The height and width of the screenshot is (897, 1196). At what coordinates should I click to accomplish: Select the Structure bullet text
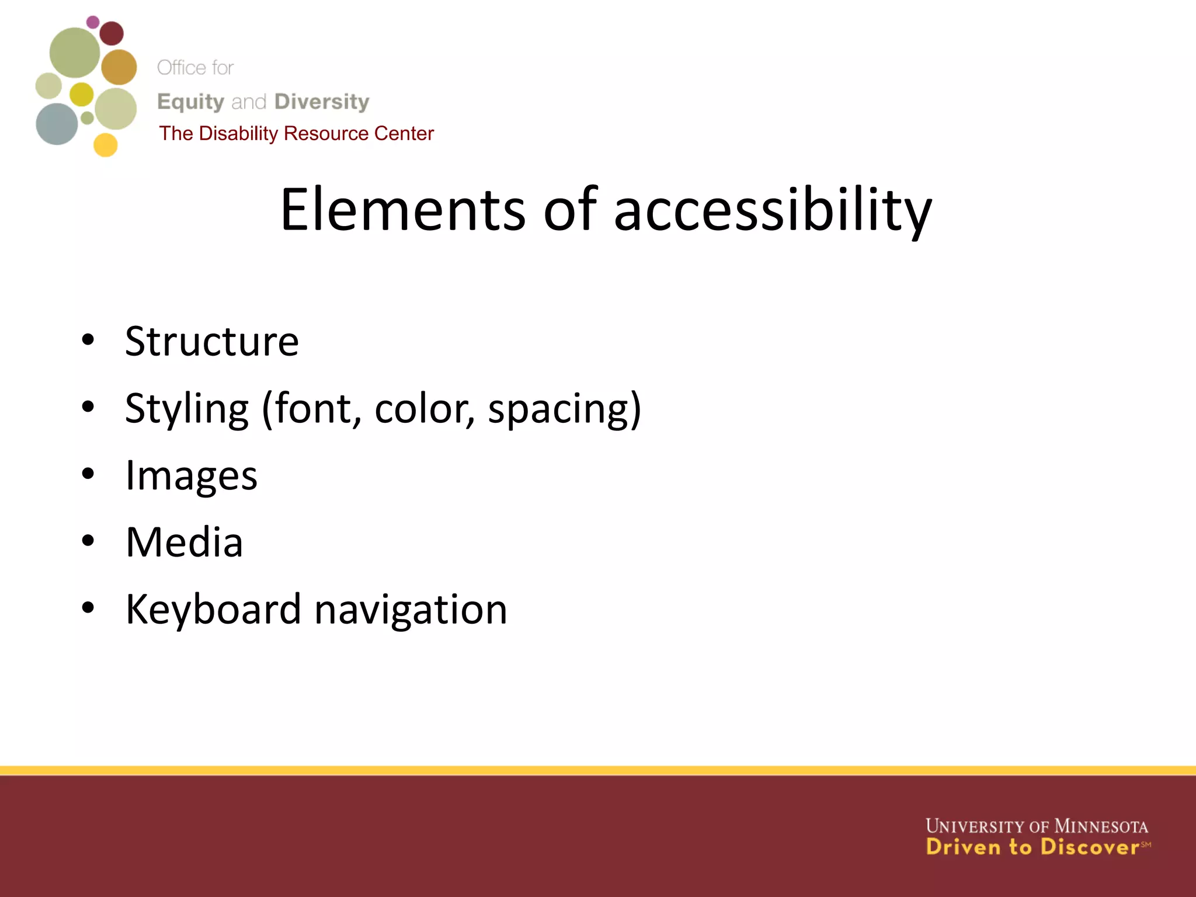tap(212, 342)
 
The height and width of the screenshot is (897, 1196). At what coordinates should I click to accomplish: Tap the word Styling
tap(187, 409)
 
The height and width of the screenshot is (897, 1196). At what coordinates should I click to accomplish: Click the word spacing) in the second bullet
tap(564, 409)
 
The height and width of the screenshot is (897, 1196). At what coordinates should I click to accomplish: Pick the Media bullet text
tap(185, 543)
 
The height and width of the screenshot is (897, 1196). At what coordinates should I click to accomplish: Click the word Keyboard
tap(213, 610)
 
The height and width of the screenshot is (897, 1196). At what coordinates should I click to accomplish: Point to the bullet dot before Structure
tap(88, 340)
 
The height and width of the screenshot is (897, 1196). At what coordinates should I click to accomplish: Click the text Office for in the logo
tap(195, 68)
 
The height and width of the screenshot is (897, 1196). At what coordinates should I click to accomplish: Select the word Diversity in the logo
tap(322, 102)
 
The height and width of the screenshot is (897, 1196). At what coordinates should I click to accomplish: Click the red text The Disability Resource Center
tap(297, 134)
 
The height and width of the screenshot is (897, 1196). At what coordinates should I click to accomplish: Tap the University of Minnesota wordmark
tap(1037, 826)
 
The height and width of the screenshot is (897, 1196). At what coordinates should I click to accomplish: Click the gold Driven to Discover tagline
tap(1032, 847)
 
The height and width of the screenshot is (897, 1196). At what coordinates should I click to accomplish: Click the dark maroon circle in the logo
tap(112, 33)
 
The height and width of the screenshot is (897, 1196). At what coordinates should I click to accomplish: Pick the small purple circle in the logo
tap(93, 22)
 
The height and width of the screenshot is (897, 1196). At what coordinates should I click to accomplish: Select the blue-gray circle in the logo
tap(57, 124)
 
